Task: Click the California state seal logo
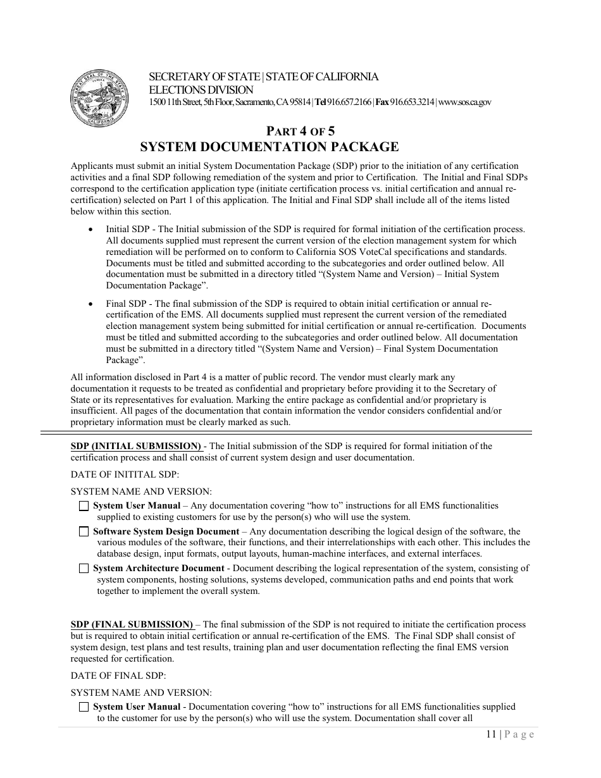98,99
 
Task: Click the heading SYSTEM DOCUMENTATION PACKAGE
269,147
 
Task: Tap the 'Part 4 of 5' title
300,132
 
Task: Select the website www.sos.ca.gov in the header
464,102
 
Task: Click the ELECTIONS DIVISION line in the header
201,90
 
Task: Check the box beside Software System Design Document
84,532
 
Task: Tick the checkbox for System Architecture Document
84,569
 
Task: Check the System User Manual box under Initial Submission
84,506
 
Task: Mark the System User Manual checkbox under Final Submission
84,707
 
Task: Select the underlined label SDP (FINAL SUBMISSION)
132,624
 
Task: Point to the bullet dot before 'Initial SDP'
92,230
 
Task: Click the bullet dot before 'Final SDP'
92,304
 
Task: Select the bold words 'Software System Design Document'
166,532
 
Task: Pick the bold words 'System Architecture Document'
158,569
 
